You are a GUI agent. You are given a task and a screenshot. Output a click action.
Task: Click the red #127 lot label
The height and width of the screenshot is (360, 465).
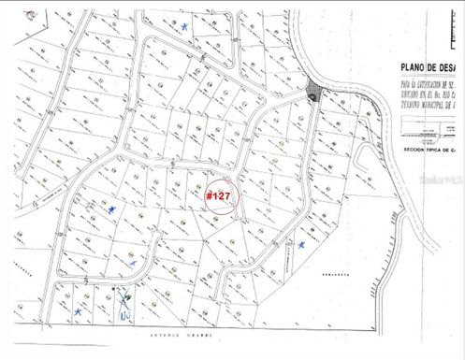[218, 195]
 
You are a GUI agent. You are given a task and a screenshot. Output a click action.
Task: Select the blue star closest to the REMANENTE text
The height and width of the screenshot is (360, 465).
[303, 244]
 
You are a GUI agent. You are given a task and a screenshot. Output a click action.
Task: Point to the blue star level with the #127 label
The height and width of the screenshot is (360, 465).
[112, 209]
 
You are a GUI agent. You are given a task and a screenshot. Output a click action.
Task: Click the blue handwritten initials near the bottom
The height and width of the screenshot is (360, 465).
[124, 310]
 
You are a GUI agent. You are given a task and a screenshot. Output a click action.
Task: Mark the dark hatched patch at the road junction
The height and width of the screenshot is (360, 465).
[313, 94]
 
